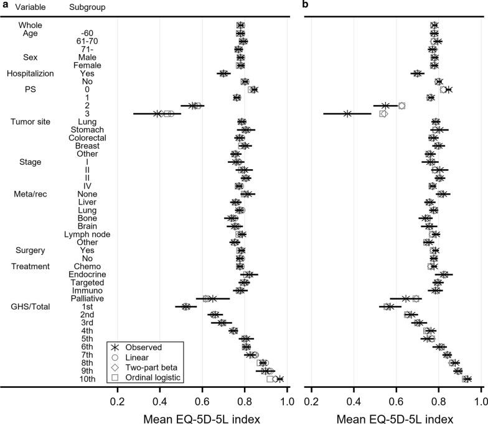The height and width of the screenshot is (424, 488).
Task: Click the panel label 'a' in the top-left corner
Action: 6,7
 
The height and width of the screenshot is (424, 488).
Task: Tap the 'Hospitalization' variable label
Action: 30,73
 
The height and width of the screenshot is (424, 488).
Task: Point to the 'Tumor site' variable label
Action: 30,122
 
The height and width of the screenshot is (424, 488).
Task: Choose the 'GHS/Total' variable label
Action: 30,306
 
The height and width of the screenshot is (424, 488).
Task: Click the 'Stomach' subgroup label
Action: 87,130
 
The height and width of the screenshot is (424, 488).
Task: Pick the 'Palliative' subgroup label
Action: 87,298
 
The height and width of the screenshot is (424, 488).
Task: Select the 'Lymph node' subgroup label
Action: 87,234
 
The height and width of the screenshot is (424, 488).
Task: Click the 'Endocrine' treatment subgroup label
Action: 88,274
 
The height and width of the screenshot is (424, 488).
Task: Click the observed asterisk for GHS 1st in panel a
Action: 185,306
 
